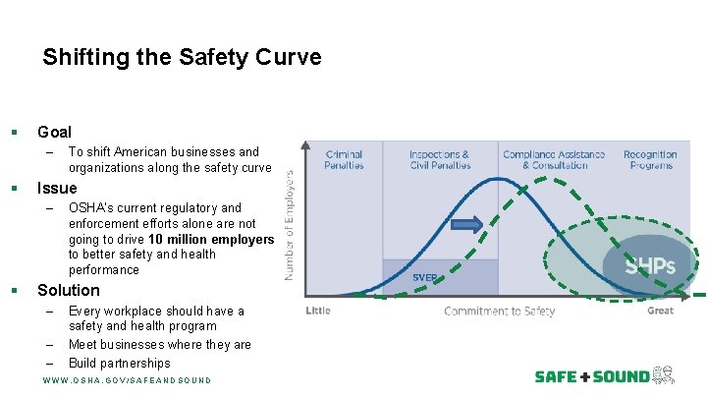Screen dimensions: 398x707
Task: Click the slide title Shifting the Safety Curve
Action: coord(182,58)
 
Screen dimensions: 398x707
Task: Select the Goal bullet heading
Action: coord(54,132)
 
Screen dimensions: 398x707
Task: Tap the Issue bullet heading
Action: coord(56,188)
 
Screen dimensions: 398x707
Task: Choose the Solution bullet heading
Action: coord(69,290)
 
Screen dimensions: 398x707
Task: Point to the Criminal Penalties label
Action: coord(344,160)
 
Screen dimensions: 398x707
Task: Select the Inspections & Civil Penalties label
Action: coord(439,160)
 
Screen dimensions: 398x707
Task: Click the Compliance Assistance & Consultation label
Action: coord(554,160)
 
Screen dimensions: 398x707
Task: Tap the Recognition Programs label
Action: coord(650,160)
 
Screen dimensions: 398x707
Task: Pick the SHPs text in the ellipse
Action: coord(649,265)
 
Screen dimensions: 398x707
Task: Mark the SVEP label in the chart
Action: coord(425,277)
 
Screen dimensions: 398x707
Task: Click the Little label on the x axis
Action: coord(318,311)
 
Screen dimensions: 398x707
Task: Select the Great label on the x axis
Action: coord(660,311)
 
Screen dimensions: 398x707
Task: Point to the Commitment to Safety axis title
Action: coord(499,312)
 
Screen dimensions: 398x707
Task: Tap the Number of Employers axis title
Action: coord(291,225)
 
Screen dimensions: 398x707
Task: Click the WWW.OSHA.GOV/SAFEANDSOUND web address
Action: coord(127,380)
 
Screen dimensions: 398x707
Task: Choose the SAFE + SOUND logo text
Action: coord(592,376)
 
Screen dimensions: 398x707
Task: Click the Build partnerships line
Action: coord(120,363)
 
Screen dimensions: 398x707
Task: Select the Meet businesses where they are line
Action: coord(160,344)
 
